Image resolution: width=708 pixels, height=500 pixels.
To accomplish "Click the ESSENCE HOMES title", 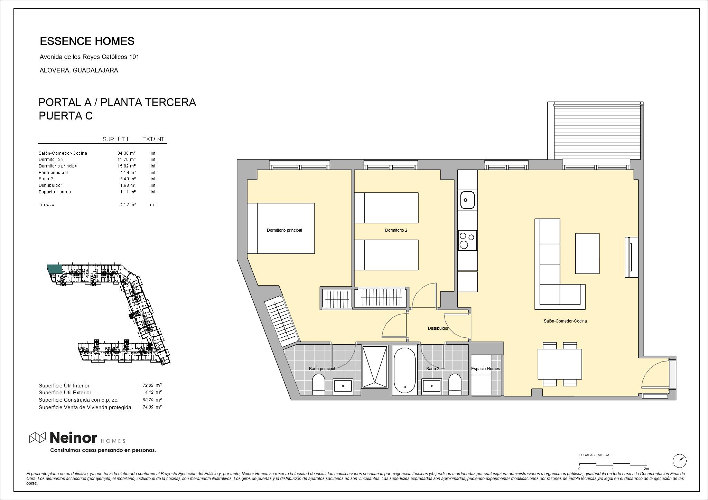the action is (87, 41).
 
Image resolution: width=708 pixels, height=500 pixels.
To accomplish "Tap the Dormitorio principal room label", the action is (284, 230).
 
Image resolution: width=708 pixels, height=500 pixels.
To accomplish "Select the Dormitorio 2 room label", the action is (396, 230).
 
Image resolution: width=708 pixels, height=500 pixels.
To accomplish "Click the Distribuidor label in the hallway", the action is (438, 328).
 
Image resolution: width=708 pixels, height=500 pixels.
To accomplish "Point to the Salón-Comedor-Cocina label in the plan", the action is (565, 321).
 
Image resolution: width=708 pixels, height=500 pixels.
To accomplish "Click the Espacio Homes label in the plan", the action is (485, 369).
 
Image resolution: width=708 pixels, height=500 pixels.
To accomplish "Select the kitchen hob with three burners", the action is (467, 240).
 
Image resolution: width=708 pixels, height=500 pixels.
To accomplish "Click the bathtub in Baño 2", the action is (404, 369).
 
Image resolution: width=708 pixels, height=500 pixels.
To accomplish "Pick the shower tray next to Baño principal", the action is (375, 367).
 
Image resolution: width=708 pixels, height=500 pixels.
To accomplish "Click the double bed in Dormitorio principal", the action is (281, 228).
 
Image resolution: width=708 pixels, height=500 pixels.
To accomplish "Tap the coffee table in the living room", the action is (587, 253).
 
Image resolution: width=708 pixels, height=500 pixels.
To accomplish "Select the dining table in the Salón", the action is (560, 364).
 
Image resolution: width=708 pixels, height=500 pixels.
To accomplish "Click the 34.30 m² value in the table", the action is (127, 153).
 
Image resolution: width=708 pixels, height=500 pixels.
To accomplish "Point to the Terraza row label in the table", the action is (46, 205).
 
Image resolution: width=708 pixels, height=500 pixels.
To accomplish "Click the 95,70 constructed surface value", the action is (148, 400).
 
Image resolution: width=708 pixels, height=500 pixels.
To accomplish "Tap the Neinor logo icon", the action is (37, 437).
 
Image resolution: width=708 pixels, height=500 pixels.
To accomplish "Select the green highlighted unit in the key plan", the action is (55, 269).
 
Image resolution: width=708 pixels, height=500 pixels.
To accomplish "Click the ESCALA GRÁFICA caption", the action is (594, 455).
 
